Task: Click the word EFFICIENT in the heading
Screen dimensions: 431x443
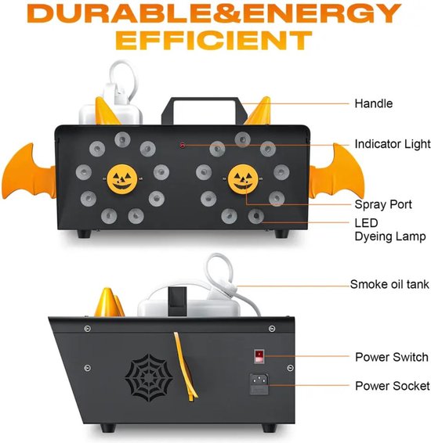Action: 213,40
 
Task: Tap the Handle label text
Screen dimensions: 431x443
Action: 374,103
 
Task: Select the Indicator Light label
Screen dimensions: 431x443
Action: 393,144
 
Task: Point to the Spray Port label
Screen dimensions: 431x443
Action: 383,204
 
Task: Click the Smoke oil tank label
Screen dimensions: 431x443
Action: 389,284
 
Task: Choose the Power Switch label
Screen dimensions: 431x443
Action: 392,357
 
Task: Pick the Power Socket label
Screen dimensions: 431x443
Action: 393,386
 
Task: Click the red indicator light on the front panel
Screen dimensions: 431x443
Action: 183,146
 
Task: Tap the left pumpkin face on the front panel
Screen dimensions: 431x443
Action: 122,179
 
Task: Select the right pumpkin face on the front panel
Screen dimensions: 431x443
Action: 243,179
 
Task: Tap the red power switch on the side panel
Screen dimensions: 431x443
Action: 259,356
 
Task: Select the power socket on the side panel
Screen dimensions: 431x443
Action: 259,384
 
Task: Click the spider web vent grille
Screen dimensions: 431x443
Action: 149,377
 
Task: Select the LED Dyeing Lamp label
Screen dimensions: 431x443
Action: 390,229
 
